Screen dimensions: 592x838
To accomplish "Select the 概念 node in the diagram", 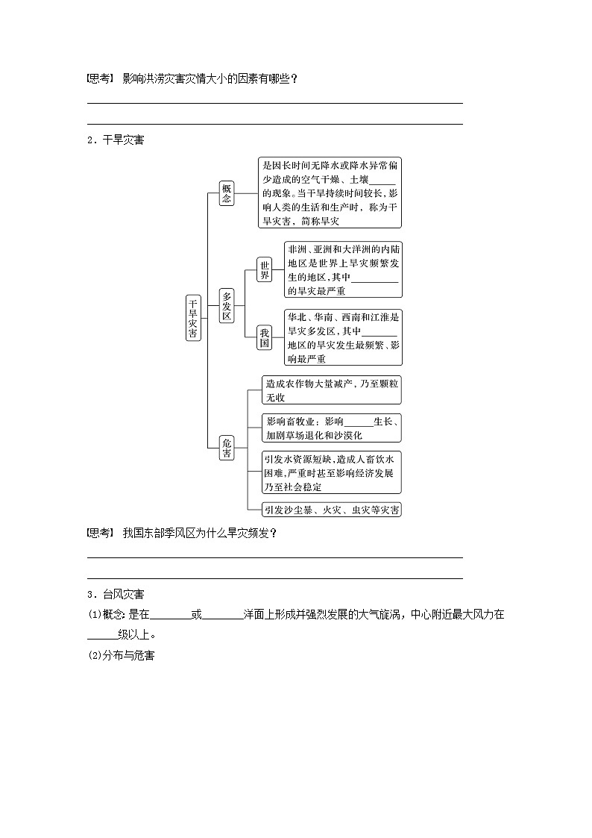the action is [227, 192].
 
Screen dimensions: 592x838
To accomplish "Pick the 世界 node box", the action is [264, 269].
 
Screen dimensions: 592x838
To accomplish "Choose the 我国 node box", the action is [264, 338].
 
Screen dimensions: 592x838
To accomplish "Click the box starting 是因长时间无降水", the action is [330, 192].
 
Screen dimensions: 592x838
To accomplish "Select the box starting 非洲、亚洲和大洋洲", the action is [343, 269].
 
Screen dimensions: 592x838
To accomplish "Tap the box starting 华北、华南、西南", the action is [343, 338].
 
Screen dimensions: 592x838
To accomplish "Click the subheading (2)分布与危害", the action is [121, 655].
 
